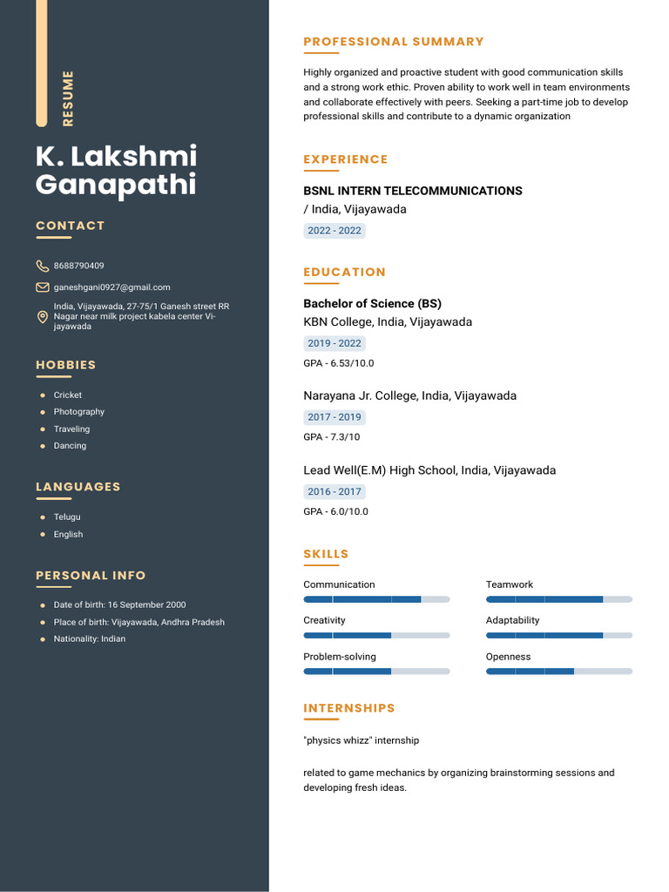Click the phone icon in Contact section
[x=42, y=266]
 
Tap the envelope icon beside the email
[x=42, y=287]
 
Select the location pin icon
[x=42, y=317]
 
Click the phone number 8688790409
[x=78, y=266]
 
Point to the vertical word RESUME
[x=68, y=98]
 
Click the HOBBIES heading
[x=66, y=365]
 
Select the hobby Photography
[x=79, y=412]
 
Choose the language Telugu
[x=67, y=517]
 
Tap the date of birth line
[x=119, y=605]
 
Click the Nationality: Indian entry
[x=89, y=639]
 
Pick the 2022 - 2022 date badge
[x=334, y=231]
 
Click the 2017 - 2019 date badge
[x=334, y=417]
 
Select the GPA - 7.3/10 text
[x=331, y=437]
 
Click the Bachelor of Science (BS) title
[x=372, y=303]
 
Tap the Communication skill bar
[x=376, y=599]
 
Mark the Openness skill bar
[x=558, y=671]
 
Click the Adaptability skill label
[x=512, y=620]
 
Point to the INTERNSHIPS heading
[x=349, y=708]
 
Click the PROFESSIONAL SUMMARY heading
[x=394, y=42]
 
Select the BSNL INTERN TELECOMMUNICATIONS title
[x=413, y=191]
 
